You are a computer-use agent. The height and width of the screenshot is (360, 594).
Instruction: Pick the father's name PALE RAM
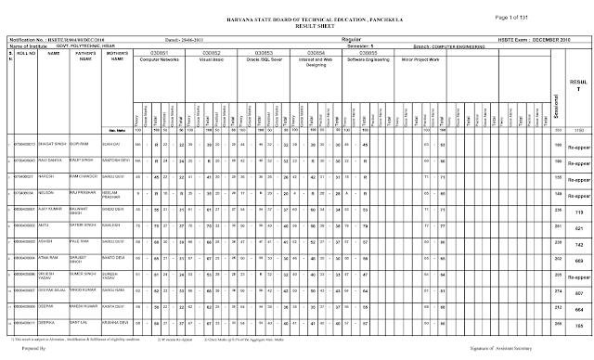82,241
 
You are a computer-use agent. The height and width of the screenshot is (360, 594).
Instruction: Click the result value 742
576,242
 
